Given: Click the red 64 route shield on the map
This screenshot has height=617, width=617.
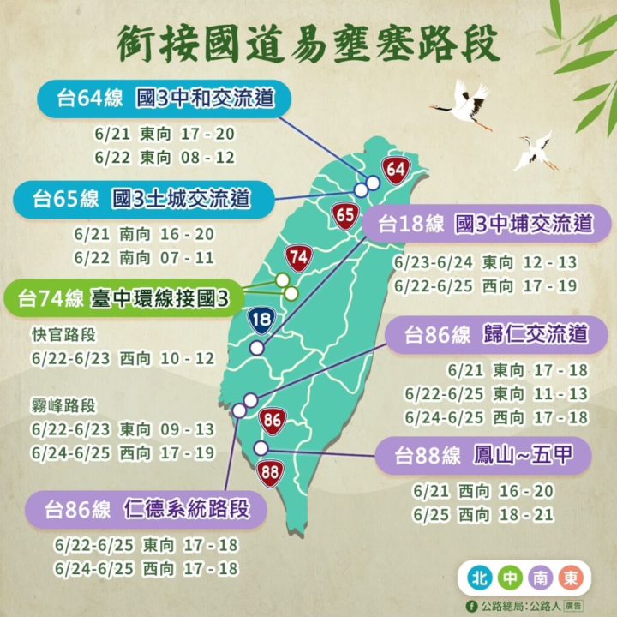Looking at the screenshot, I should pyautogui.click(x=395, y=170).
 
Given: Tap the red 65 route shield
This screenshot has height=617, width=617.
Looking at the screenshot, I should pyautogui.click(x=345, y=215).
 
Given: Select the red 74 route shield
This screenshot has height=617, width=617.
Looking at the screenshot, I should pyautogui.click(x=297, y=256).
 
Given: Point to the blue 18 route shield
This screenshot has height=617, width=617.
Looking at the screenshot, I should pyautogui.click(x=261, y=321).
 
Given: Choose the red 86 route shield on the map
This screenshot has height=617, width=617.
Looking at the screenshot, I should pyautogui.click(x=273, y=421).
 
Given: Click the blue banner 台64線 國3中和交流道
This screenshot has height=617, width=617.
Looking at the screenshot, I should pyautogui.click(x=164, y=99).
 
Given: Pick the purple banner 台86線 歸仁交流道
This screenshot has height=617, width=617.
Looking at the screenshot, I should pyautogui.click(x=488, y=334).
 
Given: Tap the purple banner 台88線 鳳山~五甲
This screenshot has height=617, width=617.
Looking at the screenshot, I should pyautogui.click(x=483, y=455).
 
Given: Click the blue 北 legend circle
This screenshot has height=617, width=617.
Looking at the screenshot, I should pyautogui.click(x=479, y=578).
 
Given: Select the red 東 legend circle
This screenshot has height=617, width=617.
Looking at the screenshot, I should pyautogui.click(x=569, y=578).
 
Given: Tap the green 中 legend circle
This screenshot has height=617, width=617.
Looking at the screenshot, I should pyautogui.click(x=509, y=578).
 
